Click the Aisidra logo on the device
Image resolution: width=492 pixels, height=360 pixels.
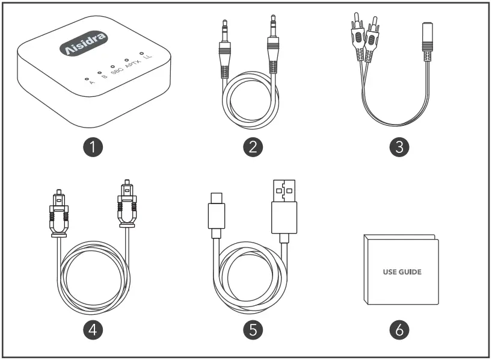tap(85, 45)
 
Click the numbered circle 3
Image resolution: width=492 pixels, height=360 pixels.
tap(399, 147)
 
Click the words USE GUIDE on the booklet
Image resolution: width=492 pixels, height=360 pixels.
tap(402, 272)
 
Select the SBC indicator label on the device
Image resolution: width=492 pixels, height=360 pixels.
tap(117, 72)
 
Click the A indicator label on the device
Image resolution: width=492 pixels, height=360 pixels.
tap(91, 83)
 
